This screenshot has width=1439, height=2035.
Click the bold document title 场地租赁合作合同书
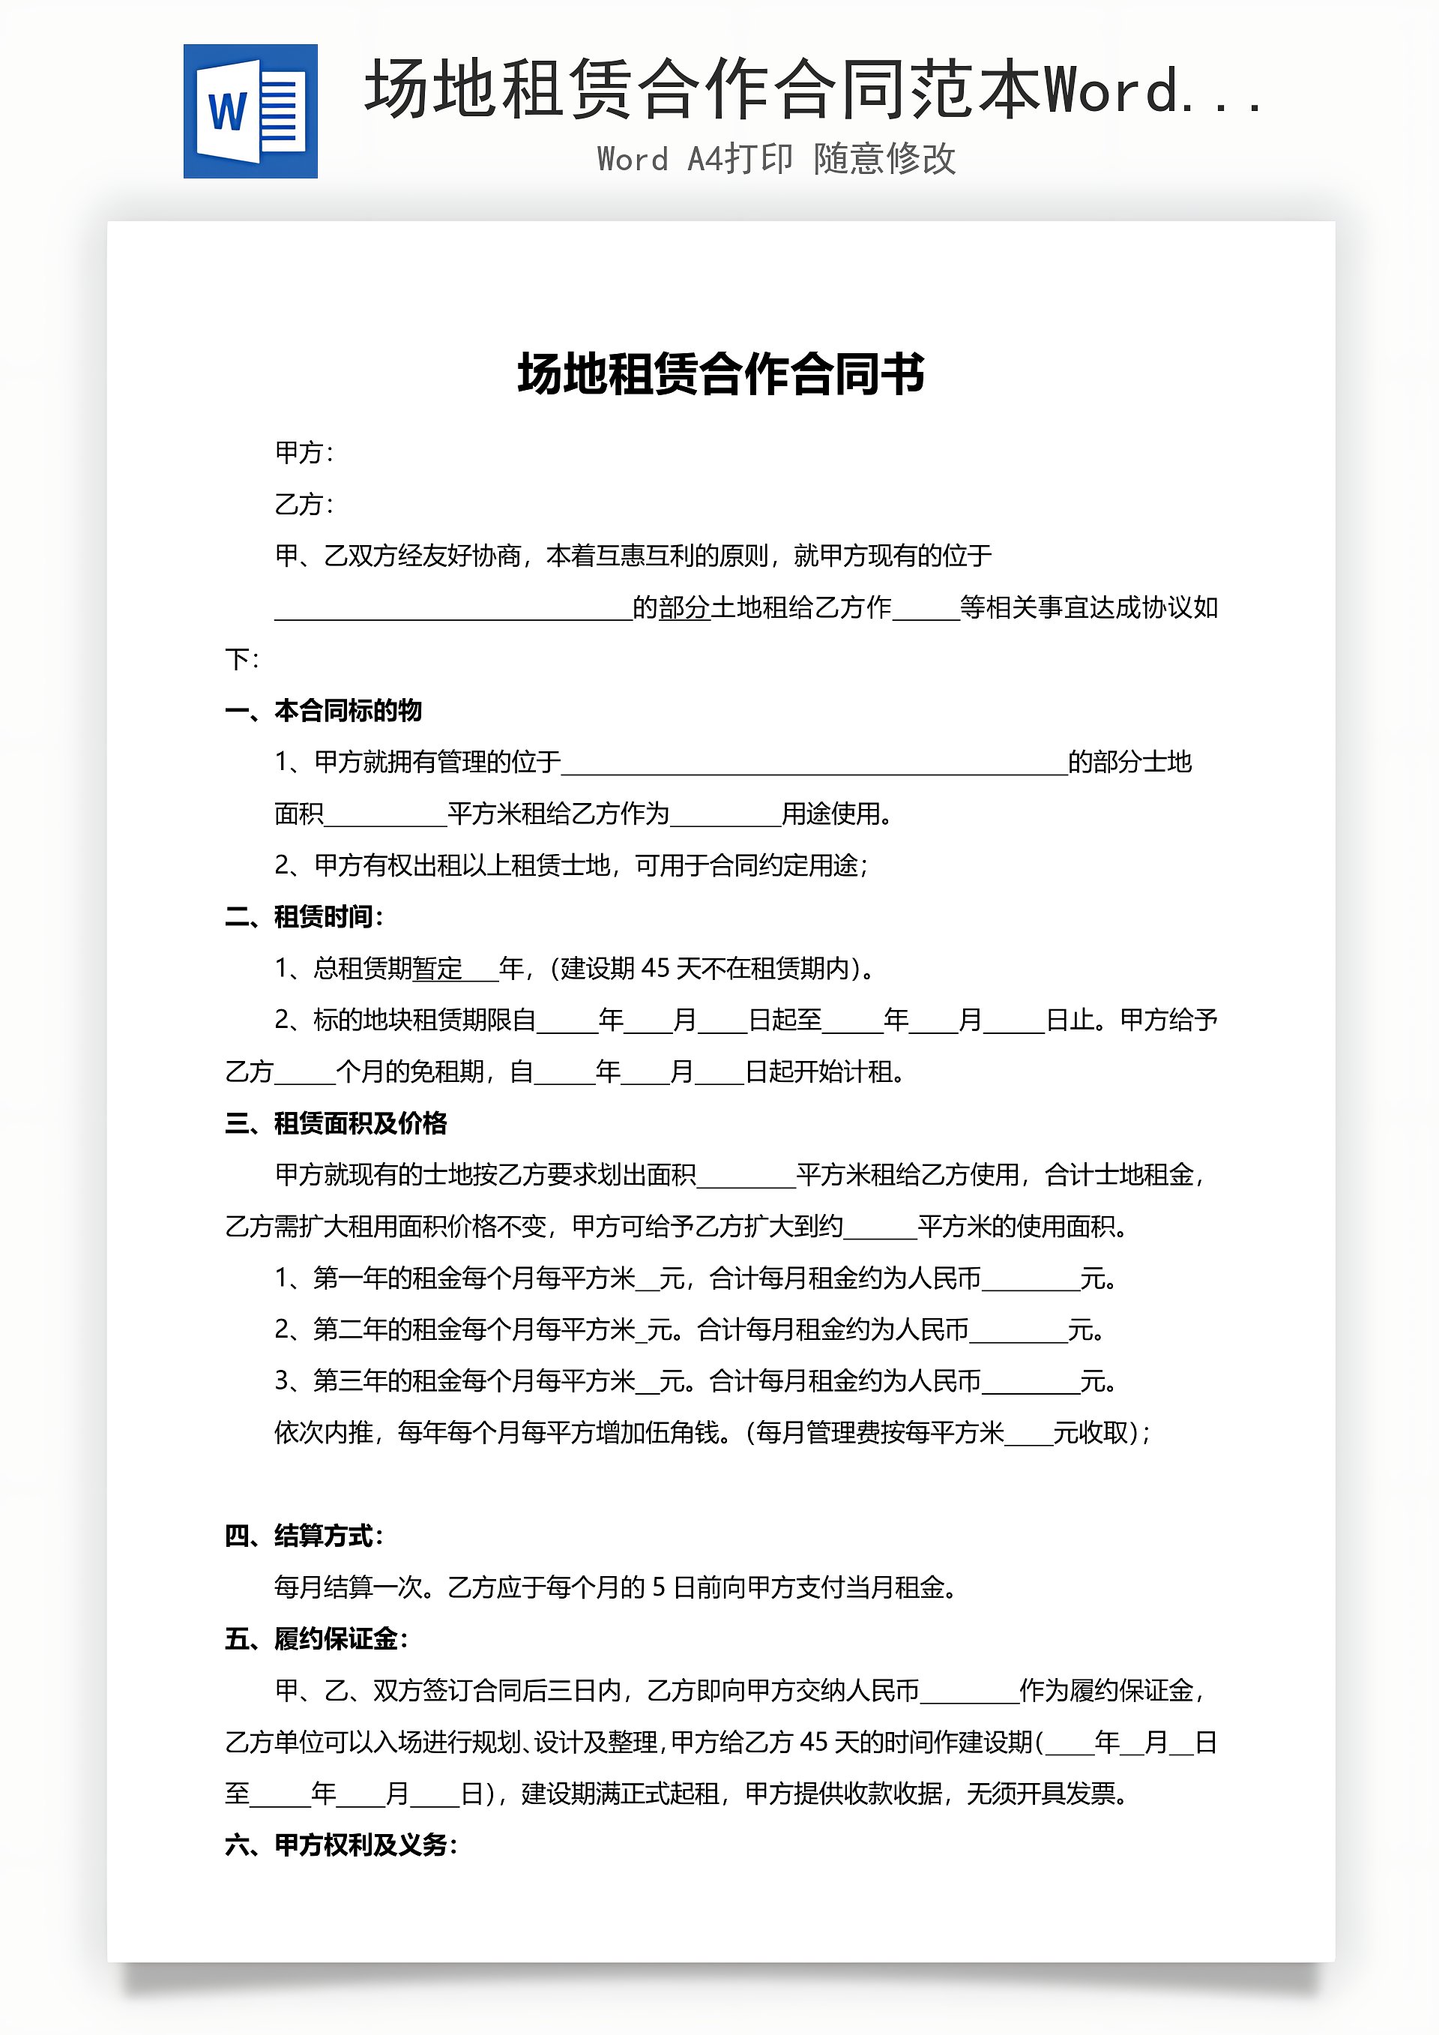click(x=720, y=373)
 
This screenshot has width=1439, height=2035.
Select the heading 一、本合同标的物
click(x=324, y=710)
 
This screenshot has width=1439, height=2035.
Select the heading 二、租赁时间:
click(x=304, y=916)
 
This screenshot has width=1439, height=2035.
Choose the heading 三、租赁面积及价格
click(x=336, y=1123)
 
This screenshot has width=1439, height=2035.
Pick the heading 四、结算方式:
click(x=304, y=1535)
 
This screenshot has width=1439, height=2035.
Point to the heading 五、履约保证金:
click(x=316, y=1639)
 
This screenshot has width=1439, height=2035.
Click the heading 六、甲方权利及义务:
click(x=341, y=1845)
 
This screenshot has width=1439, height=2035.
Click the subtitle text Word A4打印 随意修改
click(x=776, y=159)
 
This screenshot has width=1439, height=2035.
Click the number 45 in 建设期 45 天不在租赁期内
click(x=655, y=968)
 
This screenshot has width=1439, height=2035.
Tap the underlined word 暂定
click(x=438, y=968)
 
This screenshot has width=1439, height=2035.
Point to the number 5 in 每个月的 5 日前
click(x=658, y=1587)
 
